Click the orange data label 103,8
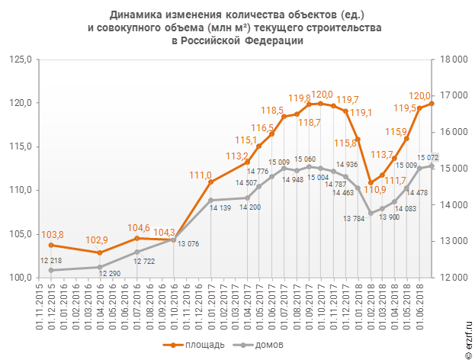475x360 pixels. (x=51, y=235)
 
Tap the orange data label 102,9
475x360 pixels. (x=99, y=241)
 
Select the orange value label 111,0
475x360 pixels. (x=201, y=175)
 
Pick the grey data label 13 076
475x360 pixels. (x=190, y=244)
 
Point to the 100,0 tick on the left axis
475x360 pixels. (x=19, y=277)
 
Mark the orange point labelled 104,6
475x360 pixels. (x=136, y=238)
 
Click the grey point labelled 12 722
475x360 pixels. (x=136, y=252)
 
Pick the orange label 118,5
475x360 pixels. (x=272, y=111)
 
